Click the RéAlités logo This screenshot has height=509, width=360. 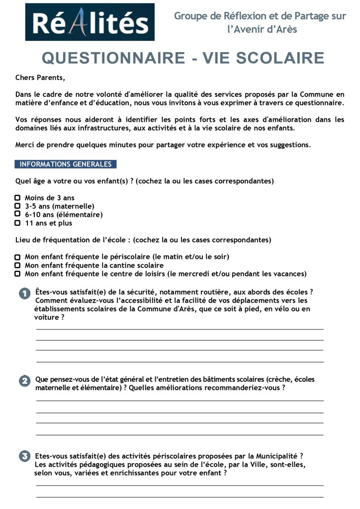(90, 22)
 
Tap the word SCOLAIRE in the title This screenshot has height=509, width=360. (280, 58)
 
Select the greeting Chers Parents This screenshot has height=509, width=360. (40, 78)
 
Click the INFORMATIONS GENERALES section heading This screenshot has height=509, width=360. (66, 164)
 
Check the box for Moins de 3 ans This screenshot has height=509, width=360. (18, 198)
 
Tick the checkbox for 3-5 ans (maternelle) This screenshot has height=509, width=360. (18, 206)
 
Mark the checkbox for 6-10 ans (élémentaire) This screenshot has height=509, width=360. (18, 214)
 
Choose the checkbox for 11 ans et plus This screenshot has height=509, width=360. (18, 223)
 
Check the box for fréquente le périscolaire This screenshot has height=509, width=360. (18, 257)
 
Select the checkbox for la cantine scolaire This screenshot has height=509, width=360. (18, 265)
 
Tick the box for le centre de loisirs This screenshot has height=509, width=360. (18, 274)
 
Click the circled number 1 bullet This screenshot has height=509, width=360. (25, 293)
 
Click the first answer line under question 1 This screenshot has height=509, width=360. (180, 329)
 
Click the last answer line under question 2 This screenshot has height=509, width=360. (180, 435)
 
